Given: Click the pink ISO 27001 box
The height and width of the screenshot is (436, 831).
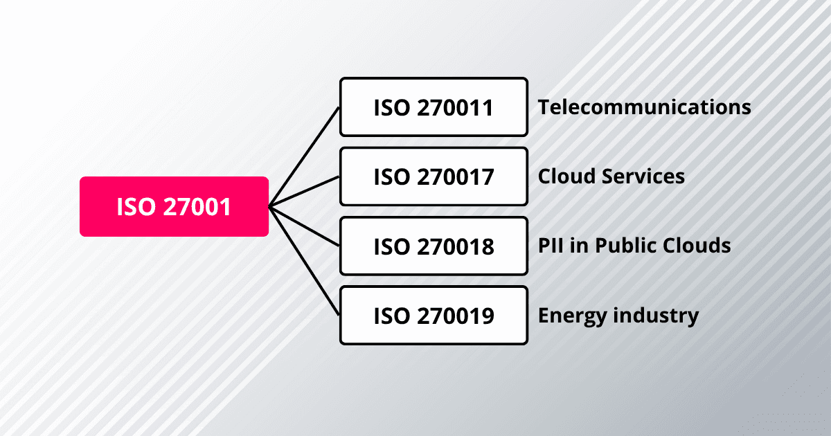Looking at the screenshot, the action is tap(174, 206).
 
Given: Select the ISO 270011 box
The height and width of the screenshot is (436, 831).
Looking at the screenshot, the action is tap(434, 107).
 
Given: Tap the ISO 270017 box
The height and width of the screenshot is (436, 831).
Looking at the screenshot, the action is tap(434, 176).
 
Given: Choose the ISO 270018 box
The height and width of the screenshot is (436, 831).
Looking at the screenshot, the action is tap(434, 246).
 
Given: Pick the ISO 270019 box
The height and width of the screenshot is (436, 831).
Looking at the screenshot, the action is tap(434, 316).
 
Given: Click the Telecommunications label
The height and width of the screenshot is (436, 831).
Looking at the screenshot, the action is tap(645, 107).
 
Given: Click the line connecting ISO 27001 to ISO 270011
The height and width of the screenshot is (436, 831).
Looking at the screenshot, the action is tap(305, 156).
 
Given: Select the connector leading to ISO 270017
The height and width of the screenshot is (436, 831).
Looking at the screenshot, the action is tap(305, 191).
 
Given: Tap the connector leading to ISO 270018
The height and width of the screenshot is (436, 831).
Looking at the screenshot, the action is tap(305, 226).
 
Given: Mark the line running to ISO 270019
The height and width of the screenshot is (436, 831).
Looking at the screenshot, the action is tap(305, 261).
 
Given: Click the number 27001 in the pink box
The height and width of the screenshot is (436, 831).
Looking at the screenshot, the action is tap(195, 206).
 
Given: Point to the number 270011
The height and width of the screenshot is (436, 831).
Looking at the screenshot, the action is tap(455, 107).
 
